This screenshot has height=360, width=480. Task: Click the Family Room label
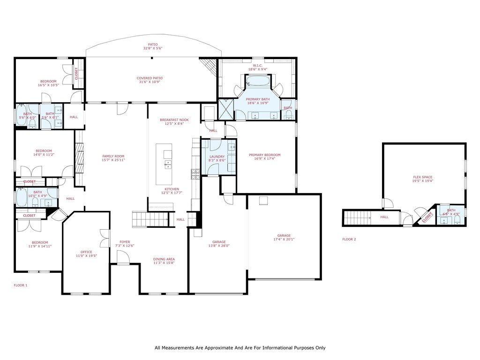pyautogui.click(x=113, y=156)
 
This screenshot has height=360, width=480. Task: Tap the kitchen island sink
pyautogui.click(x=167, y=165)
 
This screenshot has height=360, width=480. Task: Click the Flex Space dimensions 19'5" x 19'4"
pyautogui.click(x=422, y=180)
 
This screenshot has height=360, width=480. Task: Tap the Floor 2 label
pyautogui.click(x=349, y=239)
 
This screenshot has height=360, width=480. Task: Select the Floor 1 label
pyautogui.click(x=21, y=285)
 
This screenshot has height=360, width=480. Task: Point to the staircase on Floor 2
pyautogui.click(x=357, y=218)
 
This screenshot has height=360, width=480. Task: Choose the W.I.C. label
pyautogui.click(x=257, y=66)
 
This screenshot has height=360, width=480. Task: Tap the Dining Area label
pyautogui.click(x=164, y=259)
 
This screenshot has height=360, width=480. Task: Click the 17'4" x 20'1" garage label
pyautogui.click(x=284, y=236)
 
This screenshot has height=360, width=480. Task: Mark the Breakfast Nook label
pyautogui.click(x=174, y=120)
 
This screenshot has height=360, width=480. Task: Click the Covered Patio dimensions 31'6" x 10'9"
pyautogui.click(x=150, y=82)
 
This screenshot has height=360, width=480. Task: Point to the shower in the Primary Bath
pyautogui.click(x=225, y=109)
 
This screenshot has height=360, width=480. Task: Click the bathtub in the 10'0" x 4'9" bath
pyautogui.click(x=22, y=197)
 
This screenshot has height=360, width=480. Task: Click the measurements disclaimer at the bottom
pyautogui.click(x=240, y=348)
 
